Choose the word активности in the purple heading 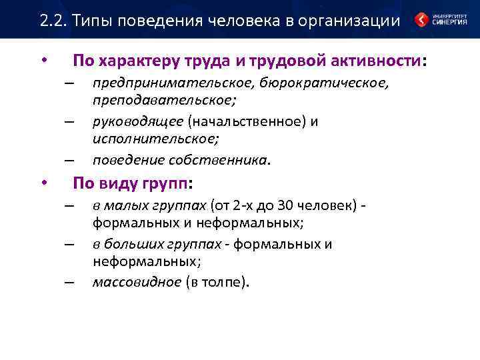click(x=375, y=62)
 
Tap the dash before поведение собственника click(x=68, y=161)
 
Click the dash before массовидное click(x=68, y=282)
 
